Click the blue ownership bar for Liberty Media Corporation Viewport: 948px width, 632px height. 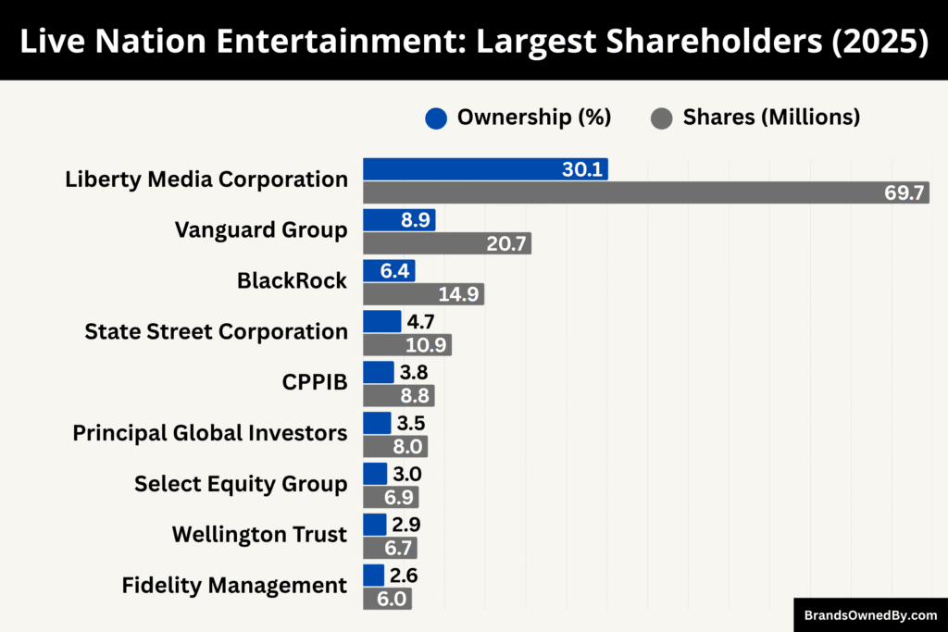[484, 168]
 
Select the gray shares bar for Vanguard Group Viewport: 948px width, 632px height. [446, 243]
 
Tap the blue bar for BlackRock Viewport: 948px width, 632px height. [388, 270]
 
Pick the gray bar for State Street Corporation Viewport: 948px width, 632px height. [406, 345]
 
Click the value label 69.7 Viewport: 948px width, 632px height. [904, 193]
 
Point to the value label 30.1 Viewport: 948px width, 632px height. [582, 169]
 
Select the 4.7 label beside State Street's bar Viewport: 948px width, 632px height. [420, 322]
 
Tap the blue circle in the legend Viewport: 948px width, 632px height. [436, 118]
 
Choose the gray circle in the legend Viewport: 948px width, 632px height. [661, 118]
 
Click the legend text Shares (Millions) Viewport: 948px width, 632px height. [770, 118]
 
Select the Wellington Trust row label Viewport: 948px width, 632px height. [259, 534]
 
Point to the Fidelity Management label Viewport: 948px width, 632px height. [234, 585]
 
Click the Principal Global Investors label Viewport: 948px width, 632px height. [210, 432]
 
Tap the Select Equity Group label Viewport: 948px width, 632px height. [241, 483]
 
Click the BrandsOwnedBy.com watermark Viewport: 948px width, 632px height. [869, 614]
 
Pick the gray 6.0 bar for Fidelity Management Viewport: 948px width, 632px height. [386, 599]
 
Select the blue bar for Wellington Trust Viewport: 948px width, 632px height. [374, 525]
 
